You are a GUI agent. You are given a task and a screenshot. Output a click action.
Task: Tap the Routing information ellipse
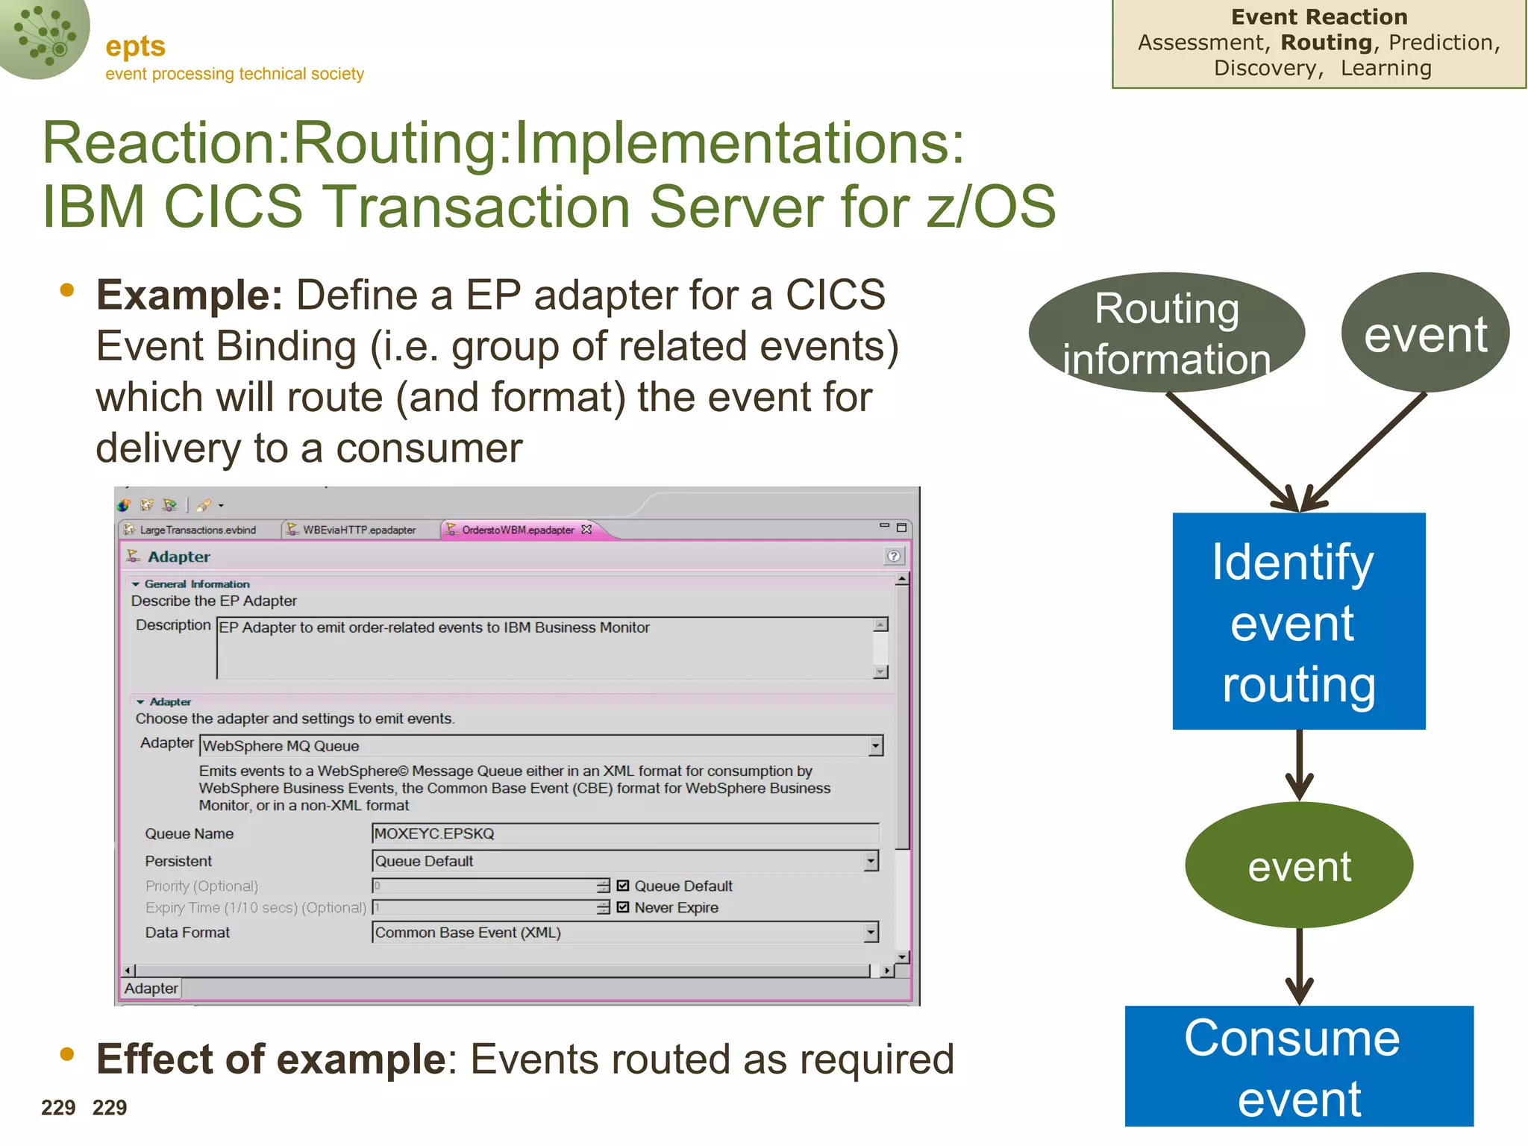pyautogui.click(x=1166, y=333)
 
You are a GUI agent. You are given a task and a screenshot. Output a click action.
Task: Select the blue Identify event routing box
pyautogui.click(x=1298, y=621)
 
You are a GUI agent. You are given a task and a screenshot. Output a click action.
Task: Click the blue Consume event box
pyautogui.click(x=1298, y=1065)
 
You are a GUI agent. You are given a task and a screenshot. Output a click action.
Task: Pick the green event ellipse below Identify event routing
pyautogui.click(x=1298, y=865)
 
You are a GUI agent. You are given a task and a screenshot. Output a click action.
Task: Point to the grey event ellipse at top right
pyautogui.click(x=1425, y=333)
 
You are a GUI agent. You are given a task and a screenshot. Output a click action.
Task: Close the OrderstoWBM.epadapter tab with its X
pyautogui.click(x=586, y=529)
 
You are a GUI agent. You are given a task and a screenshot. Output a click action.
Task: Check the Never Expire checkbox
pyautogui.click(x=623, y=907)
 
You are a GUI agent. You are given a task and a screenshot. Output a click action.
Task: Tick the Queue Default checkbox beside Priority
pyautogui.click(x=623, y=886)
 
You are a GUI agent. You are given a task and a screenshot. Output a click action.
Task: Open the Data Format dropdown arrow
pyautogui.click(x=871, y=933)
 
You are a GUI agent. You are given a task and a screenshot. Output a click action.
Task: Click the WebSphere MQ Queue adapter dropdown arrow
pyautogui.click(x=876, y=745)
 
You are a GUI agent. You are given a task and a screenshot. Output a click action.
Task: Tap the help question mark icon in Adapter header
pyautogui.click(x=893, y=556)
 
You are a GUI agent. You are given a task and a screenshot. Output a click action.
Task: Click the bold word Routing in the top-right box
pyautogui.click(x=1326, y=43)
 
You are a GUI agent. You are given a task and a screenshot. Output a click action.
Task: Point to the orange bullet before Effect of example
pyautogui.click(x=67, y=1053)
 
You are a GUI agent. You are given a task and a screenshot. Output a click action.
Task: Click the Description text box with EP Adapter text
pyautogui.click(x=545, y=647)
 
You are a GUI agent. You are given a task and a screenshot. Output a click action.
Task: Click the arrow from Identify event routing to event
pyautogui.click(x=1299, y=765)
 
